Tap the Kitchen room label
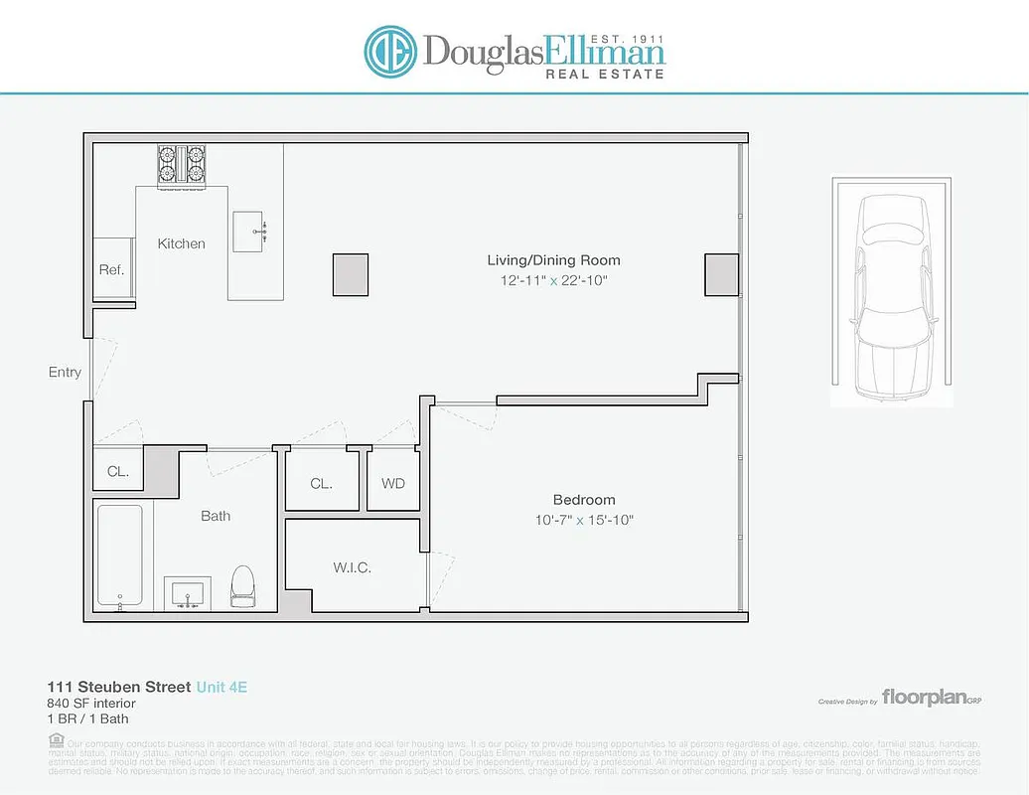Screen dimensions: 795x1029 click(x=182, y=243)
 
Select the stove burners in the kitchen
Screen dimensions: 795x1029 click(x=181, y=165)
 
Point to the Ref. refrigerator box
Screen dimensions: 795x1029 click(x=112, y=269)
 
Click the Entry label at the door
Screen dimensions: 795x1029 click(x=65, y=373)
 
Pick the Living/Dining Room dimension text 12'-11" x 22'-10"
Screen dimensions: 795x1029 click(x=553, y=281)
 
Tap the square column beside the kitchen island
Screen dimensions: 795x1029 click(x=350, y=274)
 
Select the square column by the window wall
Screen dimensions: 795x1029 click(x=722, y=274)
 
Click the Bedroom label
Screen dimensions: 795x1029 click(x=584, y=500)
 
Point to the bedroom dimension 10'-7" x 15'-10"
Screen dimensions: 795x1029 click(x=584, y=520)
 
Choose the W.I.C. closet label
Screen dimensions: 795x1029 click(x=352, y=568)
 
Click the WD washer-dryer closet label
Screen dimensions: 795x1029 click(x=393, y=484)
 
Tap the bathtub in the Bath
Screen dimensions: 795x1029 click(x=119, y=556)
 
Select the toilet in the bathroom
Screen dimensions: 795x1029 click(x=243, y=586)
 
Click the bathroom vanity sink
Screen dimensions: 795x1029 click(x=188, y=593)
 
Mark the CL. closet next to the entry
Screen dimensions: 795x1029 click(x=118, y=472)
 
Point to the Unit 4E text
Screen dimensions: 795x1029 click(x=221, y=687)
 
